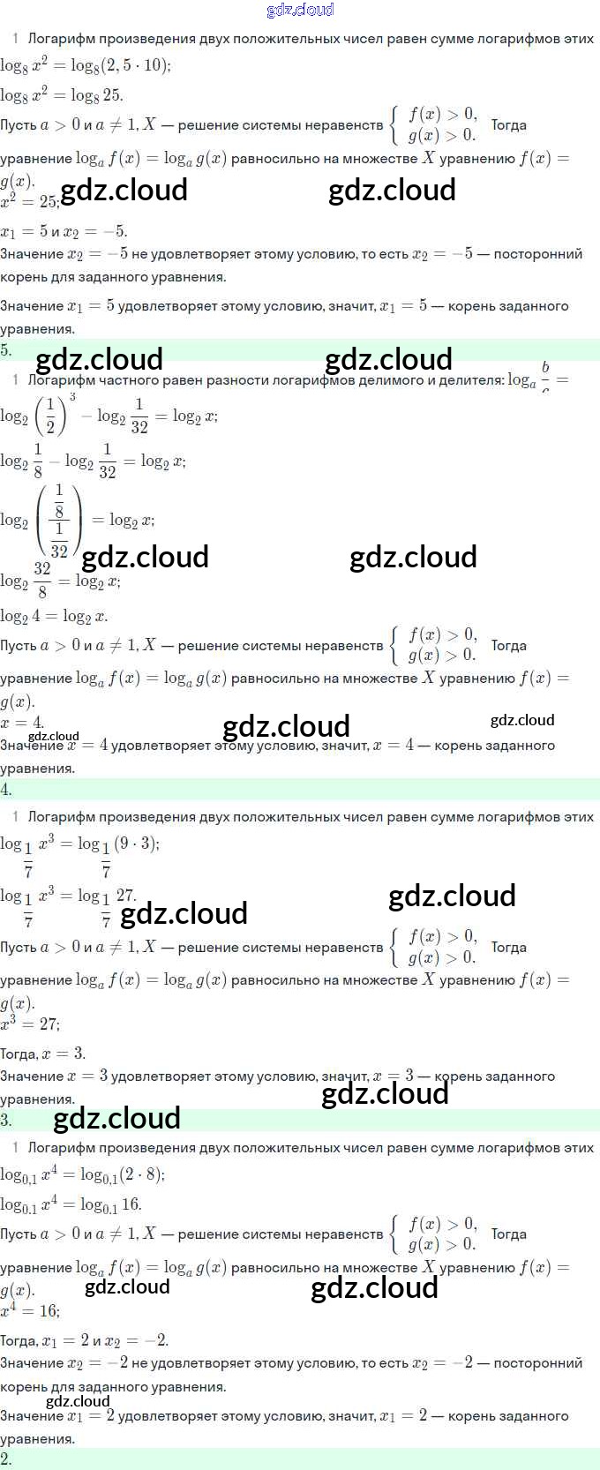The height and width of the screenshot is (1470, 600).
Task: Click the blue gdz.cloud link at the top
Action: (x=300, y=10)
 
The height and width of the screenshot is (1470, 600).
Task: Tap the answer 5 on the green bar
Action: (x=6, y=349)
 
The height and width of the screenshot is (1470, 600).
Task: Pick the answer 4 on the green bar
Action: (x=6, y=789)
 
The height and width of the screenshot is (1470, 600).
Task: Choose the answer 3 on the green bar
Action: (x=6, y=1120)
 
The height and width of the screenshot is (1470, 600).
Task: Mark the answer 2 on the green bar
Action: (x=6, y=1459)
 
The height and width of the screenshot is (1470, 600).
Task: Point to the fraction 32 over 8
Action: (x=41, y=580)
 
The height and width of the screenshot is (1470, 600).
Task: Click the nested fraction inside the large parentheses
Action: (x=59, y=521)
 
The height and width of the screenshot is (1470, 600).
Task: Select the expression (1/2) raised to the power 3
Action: (x=56, y=414)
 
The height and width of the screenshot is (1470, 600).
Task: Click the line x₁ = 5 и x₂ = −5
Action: (x=64, y=232)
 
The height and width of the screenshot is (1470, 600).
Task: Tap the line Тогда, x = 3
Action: (x=42, y=1054)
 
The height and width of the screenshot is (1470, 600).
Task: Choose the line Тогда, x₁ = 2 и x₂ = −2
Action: (x=85, y=1340)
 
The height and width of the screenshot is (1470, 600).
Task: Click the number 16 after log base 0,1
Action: (x=131, y=1204)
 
